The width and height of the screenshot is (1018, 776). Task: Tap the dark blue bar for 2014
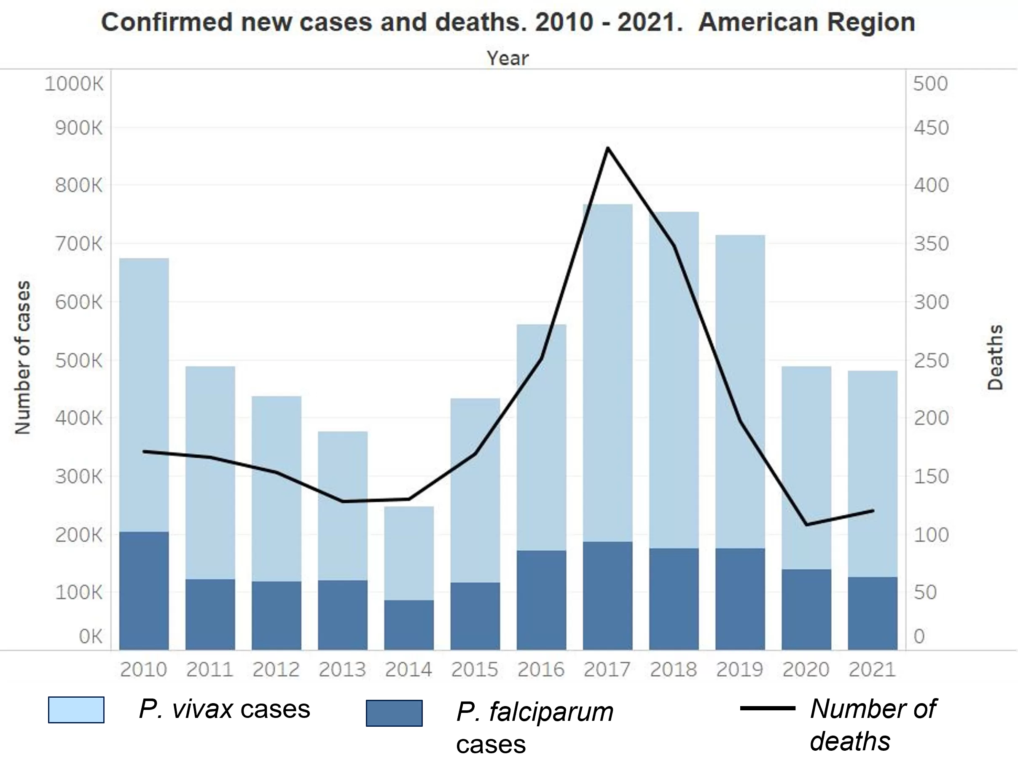point(409,624)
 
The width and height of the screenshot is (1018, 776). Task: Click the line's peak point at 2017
point(607,148)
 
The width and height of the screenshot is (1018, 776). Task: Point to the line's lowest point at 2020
point(806,524)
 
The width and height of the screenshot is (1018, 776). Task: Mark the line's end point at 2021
point(873,510)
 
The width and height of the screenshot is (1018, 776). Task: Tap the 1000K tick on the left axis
point(74,84)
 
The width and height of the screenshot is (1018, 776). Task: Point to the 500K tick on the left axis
point(78,360)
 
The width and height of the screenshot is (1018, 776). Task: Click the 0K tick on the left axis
point(90,636)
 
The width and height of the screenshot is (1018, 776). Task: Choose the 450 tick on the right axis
point(931,128)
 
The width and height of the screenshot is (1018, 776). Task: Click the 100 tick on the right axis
point(931,535)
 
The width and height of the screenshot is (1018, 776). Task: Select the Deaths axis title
point(995,357)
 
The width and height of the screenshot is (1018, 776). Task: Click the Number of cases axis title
point(22,357)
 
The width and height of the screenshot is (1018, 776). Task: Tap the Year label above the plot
point(507,59)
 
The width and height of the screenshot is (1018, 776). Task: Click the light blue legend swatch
point(76,710)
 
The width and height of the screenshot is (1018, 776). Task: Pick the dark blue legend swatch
point(394,713)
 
